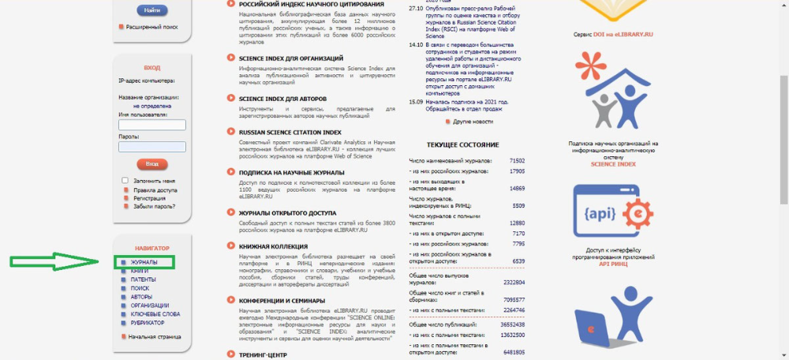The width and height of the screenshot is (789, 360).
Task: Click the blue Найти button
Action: pos(151,10)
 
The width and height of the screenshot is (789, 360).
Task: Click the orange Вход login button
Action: pos(151,163)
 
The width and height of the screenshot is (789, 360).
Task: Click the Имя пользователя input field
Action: pos(151,125)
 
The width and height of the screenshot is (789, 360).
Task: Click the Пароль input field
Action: pos(151,146)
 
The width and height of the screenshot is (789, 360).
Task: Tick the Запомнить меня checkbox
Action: pos(125,181)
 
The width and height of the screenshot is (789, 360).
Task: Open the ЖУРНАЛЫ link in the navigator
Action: pos(144,262)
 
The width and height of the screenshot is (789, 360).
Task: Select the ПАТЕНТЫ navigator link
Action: pos(144,279)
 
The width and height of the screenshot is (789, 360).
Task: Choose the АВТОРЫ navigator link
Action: pos(142,297)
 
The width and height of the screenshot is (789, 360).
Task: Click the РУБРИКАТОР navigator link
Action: pos(148,322)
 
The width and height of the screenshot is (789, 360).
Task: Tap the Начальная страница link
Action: pos(154,336)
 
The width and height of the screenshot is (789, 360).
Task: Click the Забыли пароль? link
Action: pos(154,206)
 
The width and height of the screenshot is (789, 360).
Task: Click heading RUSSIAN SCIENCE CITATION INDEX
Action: pos(290,133)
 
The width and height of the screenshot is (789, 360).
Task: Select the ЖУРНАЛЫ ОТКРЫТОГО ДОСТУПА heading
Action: pos(287,213)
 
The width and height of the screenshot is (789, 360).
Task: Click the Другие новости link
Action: pos(473,122)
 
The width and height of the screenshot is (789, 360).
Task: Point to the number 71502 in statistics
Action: pos(517,160)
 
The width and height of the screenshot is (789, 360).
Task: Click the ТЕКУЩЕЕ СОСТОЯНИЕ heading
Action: pos(462,145)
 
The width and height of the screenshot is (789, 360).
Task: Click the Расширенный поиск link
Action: pos(152,27)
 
